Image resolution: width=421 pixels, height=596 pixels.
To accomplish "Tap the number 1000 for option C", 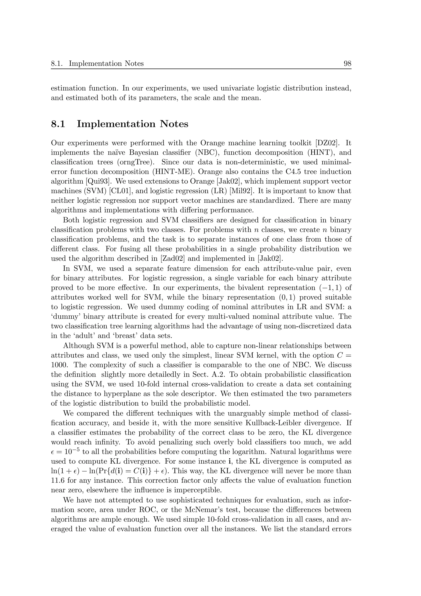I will (59, 365).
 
